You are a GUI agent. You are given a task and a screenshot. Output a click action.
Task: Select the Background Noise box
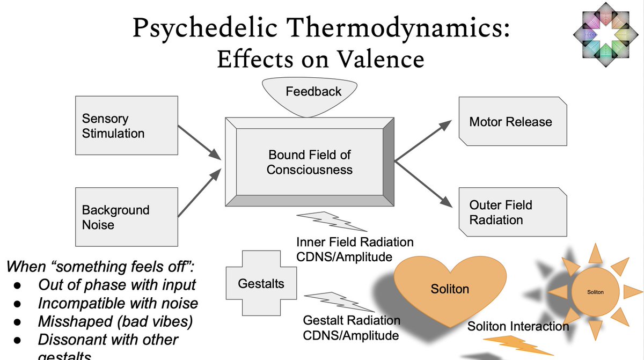[x=127, y=217]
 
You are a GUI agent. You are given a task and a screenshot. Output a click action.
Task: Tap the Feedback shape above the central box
[x=313, y=97]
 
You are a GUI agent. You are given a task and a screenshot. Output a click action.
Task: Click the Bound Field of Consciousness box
[x=310, y=162]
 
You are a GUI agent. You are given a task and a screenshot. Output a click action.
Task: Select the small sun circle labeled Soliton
[x=595, y=292]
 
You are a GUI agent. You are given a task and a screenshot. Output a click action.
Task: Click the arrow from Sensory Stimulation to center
[x=199, y=142]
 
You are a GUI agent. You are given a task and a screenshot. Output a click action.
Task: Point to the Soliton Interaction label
[x=518, y=326]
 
